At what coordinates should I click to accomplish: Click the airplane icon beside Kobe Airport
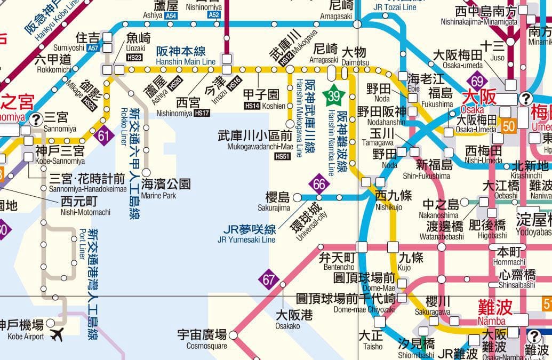56,334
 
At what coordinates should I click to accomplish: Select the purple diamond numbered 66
319,185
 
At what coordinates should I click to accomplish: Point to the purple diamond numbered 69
477,82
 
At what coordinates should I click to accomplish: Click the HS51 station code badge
283,156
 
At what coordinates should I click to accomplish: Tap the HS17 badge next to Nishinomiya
202,113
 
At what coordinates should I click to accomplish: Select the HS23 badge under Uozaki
134,57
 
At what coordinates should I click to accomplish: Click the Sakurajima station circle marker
297,197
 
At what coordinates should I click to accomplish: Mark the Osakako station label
288,320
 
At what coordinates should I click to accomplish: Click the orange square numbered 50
508,126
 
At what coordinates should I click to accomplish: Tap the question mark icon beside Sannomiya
36,119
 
